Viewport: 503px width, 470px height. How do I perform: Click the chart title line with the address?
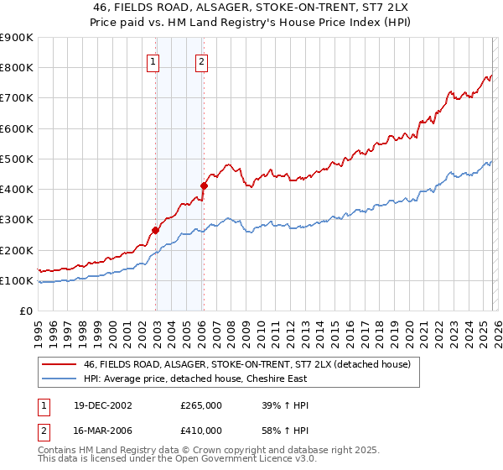(251, 8)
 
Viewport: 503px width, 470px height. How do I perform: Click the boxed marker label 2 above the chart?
(203, 60)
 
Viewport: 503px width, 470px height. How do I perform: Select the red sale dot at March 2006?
(204, 185)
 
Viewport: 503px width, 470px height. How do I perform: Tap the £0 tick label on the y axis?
(25, 311)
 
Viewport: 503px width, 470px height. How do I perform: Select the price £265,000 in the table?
(201, 405)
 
